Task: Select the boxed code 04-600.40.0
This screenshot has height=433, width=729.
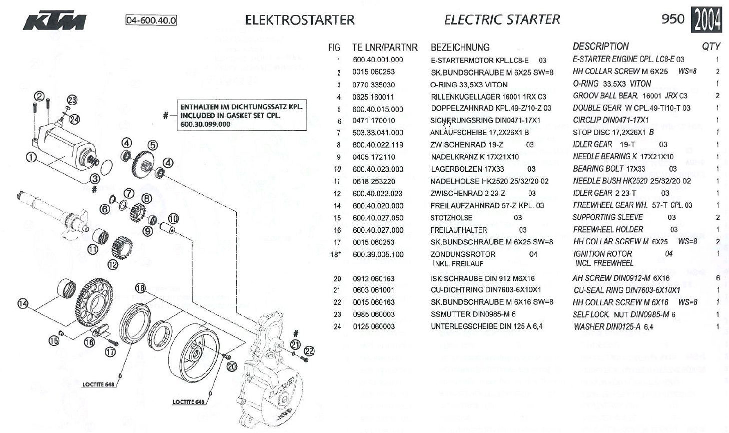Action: click(151, 21)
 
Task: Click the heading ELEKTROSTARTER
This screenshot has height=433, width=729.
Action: click(300, 20)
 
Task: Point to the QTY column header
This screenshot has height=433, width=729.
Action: click(710, 47)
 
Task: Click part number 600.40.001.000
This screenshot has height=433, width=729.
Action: click(377, 60)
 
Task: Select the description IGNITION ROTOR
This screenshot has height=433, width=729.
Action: click(602, 254)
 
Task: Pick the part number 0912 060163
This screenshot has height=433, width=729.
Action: click(373, 278)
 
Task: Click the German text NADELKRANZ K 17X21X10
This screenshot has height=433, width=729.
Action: click(467, 157)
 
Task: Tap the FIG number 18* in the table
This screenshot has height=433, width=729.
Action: click(335, 254)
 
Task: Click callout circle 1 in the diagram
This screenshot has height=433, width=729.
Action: click(32, 157)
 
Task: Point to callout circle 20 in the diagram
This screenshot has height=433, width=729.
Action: click(231, 366)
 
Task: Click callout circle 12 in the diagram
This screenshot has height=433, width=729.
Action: click(113, 264)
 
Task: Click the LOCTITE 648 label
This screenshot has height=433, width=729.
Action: click(99, 384)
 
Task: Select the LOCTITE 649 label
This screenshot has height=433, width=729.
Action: click(189, 402)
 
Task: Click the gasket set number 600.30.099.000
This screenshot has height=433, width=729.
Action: click(205, 124)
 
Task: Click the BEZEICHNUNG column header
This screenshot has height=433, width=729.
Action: click(460, 48)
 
